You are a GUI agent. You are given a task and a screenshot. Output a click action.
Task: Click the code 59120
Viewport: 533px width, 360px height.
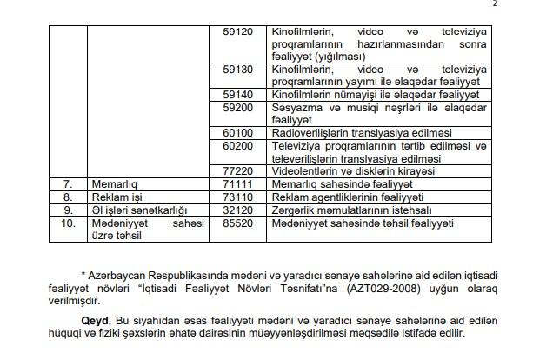coord(237,31)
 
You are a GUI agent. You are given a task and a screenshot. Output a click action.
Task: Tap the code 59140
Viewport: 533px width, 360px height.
coord(237,93)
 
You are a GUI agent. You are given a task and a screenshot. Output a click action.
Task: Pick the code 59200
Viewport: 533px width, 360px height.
coord(237,107)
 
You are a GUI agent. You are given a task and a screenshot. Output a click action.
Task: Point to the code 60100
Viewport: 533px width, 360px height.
coord(237,132)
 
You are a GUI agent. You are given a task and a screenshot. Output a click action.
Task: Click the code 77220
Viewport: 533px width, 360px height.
coord(237,171)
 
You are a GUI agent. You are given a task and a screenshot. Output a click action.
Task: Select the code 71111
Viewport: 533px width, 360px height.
coord(237,184)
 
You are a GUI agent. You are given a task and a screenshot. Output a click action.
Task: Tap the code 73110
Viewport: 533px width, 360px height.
coord(237,197)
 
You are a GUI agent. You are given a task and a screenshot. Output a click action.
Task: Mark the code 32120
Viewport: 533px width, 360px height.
coord(237,210)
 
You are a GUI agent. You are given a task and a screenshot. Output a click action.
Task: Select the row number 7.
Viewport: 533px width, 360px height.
coord(67,184)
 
